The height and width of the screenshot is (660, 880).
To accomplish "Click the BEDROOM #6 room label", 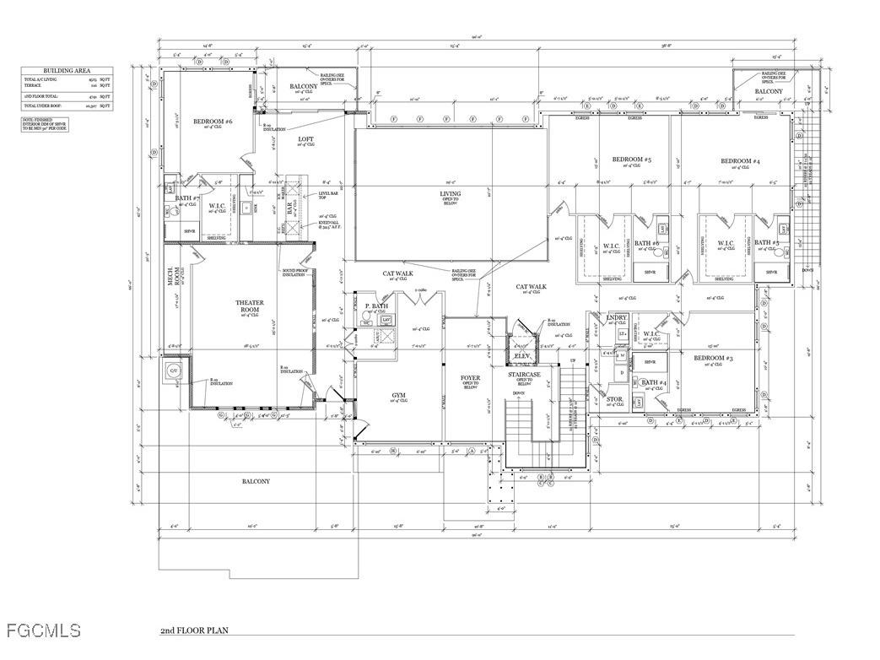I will point(213,122).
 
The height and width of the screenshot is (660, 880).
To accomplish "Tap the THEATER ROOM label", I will point(250,306).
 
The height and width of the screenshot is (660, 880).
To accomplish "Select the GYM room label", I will point(399,395).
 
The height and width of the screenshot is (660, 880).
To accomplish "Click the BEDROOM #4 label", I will point(741,160).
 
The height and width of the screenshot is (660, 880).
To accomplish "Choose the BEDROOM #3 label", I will point(713,359).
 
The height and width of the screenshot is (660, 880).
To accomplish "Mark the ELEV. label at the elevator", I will point(521,356).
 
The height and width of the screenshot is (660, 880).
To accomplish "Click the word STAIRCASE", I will point(526,372).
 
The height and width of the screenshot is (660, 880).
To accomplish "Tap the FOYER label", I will point(470,377).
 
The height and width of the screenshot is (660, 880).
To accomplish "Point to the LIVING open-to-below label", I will point(451,193).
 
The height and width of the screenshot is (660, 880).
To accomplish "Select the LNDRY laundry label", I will point(618,317).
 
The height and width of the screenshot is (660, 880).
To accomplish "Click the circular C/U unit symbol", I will point(173,371).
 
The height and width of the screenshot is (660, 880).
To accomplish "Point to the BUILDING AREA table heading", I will point(67,72).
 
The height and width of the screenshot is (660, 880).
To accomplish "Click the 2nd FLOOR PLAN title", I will point(194,630).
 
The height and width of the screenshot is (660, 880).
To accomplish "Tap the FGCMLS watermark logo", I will point(41,630).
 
